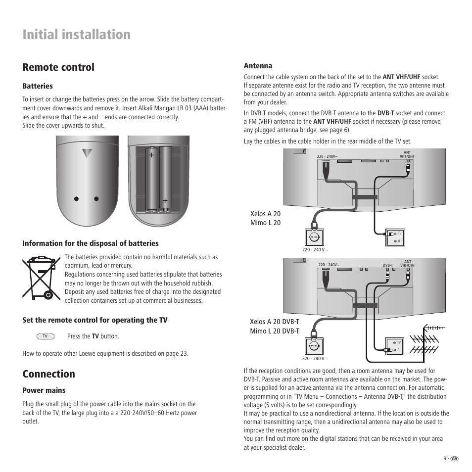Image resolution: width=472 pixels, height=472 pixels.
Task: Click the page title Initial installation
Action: point(77,35)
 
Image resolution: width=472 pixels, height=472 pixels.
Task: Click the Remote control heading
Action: point(58,67)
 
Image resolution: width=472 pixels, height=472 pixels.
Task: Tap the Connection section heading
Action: point(48,374)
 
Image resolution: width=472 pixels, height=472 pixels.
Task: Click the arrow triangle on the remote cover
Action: point(88,153)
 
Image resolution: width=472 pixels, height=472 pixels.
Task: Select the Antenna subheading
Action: point(258,66)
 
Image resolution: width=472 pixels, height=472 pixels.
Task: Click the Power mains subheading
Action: point(44,390)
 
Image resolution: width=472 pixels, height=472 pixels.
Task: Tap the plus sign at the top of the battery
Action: point(151,155)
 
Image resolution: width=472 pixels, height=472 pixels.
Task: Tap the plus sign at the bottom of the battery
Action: point(165,200)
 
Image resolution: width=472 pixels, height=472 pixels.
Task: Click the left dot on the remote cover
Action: point(77,199)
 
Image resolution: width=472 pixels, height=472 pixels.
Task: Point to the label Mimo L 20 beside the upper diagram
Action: point(266,223)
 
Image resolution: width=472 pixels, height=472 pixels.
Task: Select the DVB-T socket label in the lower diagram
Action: point(387,266)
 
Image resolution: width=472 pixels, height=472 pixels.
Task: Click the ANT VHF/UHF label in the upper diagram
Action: point(407,155)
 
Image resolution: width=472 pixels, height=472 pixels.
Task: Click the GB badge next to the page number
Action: point(455,458)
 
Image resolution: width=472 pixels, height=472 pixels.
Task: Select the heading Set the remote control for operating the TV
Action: point(94,321)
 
